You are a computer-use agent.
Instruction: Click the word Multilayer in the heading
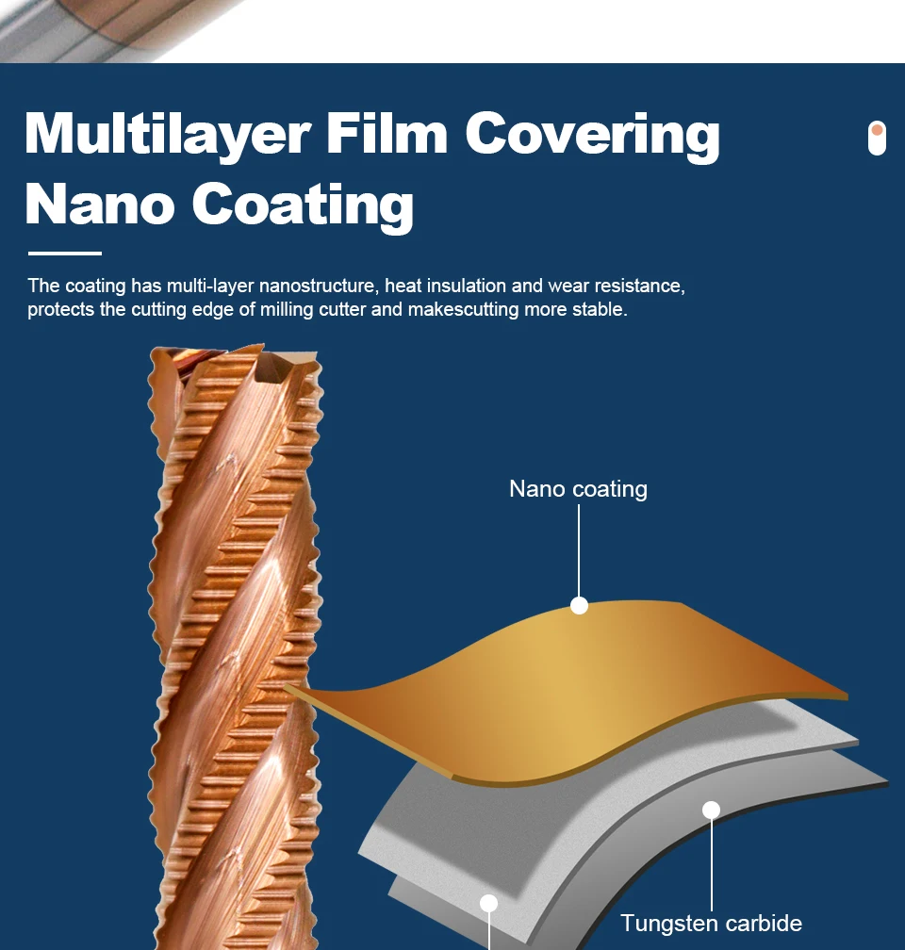pos(168,135)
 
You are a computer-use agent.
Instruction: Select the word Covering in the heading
pos(592,135)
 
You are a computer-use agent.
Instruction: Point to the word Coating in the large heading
pos(303,205)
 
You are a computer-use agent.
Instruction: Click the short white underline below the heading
pos(64,254)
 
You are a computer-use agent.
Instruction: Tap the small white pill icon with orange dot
pos(877,138)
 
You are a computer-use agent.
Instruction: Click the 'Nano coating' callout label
pos(578,489)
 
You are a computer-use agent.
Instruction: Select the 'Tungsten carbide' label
pos(711,924)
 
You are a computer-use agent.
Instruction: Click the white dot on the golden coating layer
pos(579,606)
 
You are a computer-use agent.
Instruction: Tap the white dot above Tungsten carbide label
pos(711,810)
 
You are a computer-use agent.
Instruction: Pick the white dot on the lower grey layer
pos(488,903)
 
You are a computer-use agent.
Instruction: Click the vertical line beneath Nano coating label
pos(579,551)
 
